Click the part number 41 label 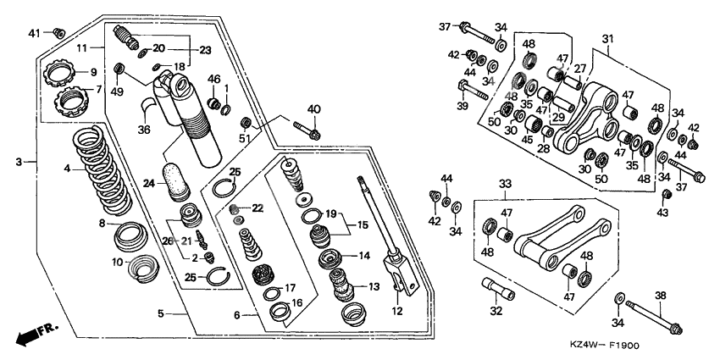click(35, 33)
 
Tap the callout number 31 click(607, 39)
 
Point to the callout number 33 click(505, 184)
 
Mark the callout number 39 click(462, 107)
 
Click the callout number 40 click(315, 108)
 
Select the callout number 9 click(94, 72)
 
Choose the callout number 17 click(290, 287)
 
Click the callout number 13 click(373, 286)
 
